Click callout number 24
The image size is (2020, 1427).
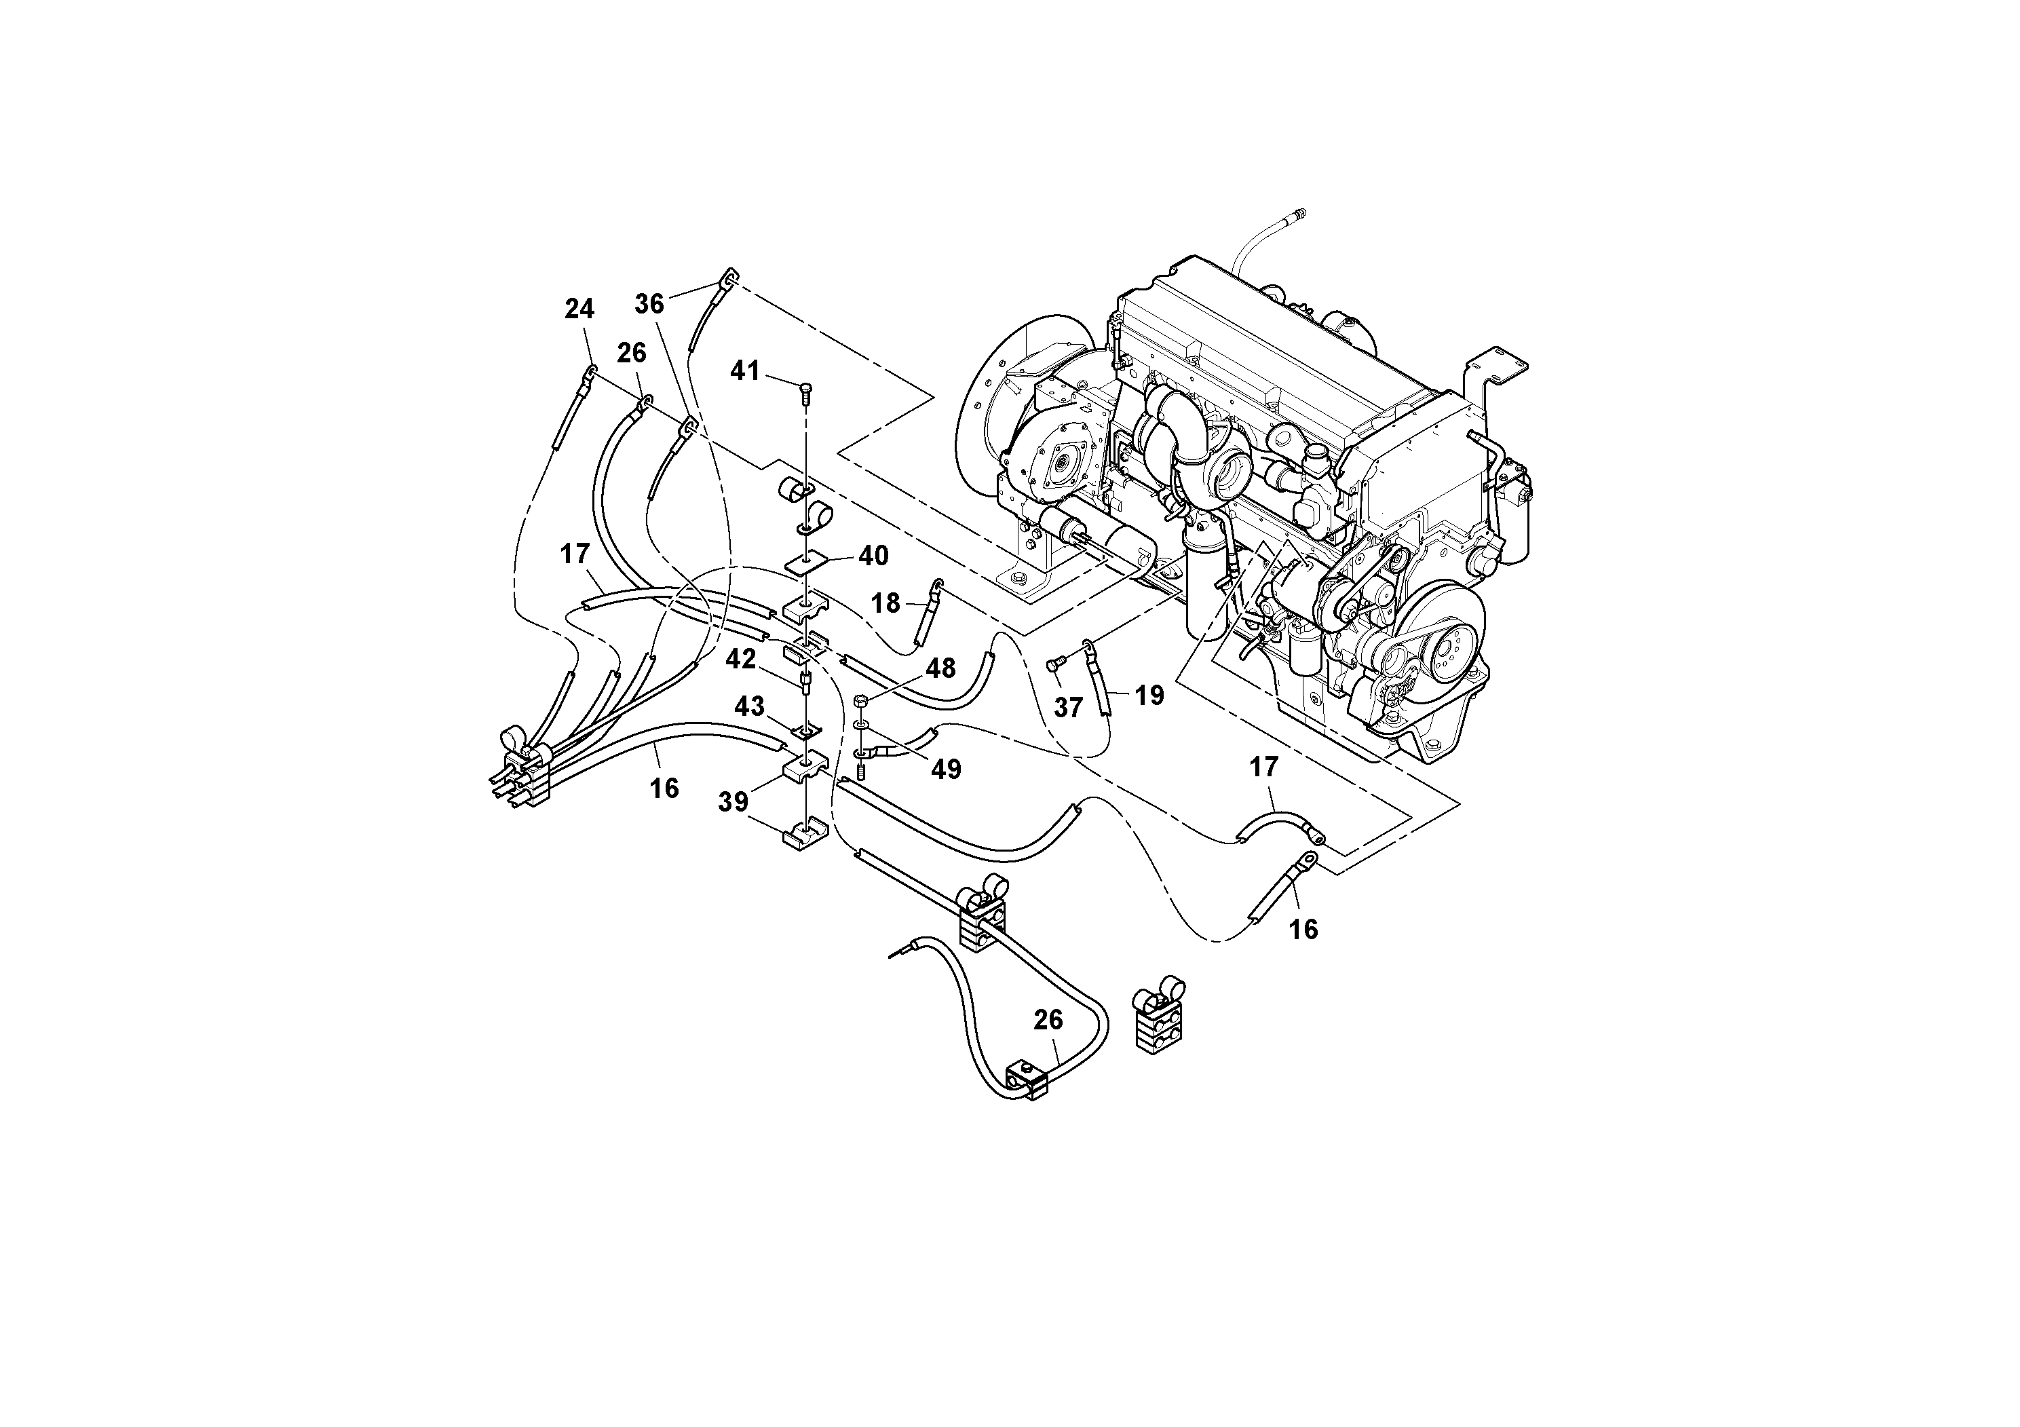point(579,309)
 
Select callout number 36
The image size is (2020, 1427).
point(649,303)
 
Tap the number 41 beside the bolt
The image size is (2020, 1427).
point(745,371)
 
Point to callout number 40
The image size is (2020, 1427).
point(874,556)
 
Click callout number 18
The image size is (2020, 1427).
point(886,603)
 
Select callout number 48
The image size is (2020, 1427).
point(940,668)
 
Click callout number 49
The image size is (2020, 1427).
point(947,769)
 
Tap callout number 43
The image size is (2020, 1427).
point(750,706)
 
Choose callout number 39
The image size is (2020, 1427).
point(733,801)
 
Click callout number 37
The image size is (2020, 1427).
point(1068,707)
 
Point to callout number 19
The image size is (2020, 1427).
point(1148,696)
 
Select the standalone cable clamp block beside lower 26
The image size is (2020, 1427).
point(1154,1018)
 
